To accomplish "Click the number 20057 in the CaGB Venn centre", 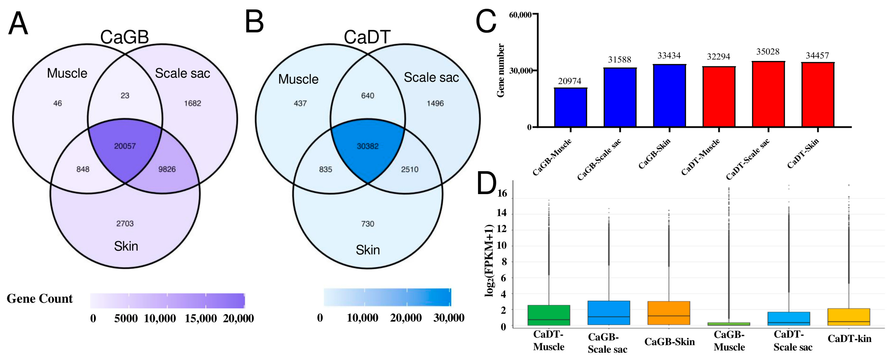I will coord(125,146).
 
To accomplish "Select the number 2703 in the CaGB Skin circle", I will coord(125,223).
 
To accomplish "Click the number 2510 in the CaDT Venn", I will coord(410,169).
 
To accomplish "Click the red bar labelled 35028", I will coord(768,94).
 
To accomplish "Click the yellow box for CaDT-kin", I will coord(849,317).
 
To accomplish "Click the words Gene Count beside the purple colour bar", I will coord(40,298).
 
